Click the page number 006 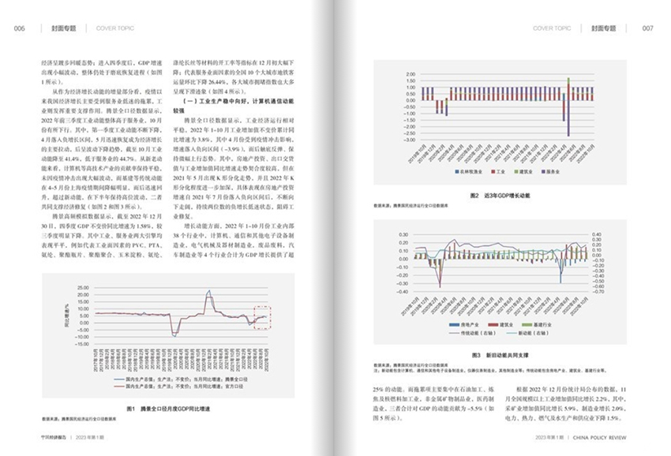[x=21, y=28]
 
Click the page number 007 [x=648, y=28]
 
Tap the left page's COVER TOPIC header [x=115, y=28]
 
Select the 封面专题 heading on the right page [x=605, y=28]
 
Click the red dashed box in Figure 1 [x=261, y=315]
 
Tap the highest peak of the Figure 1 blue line [x=209, y=292]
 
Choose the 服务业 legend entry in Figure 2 [x=553, y=171]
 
